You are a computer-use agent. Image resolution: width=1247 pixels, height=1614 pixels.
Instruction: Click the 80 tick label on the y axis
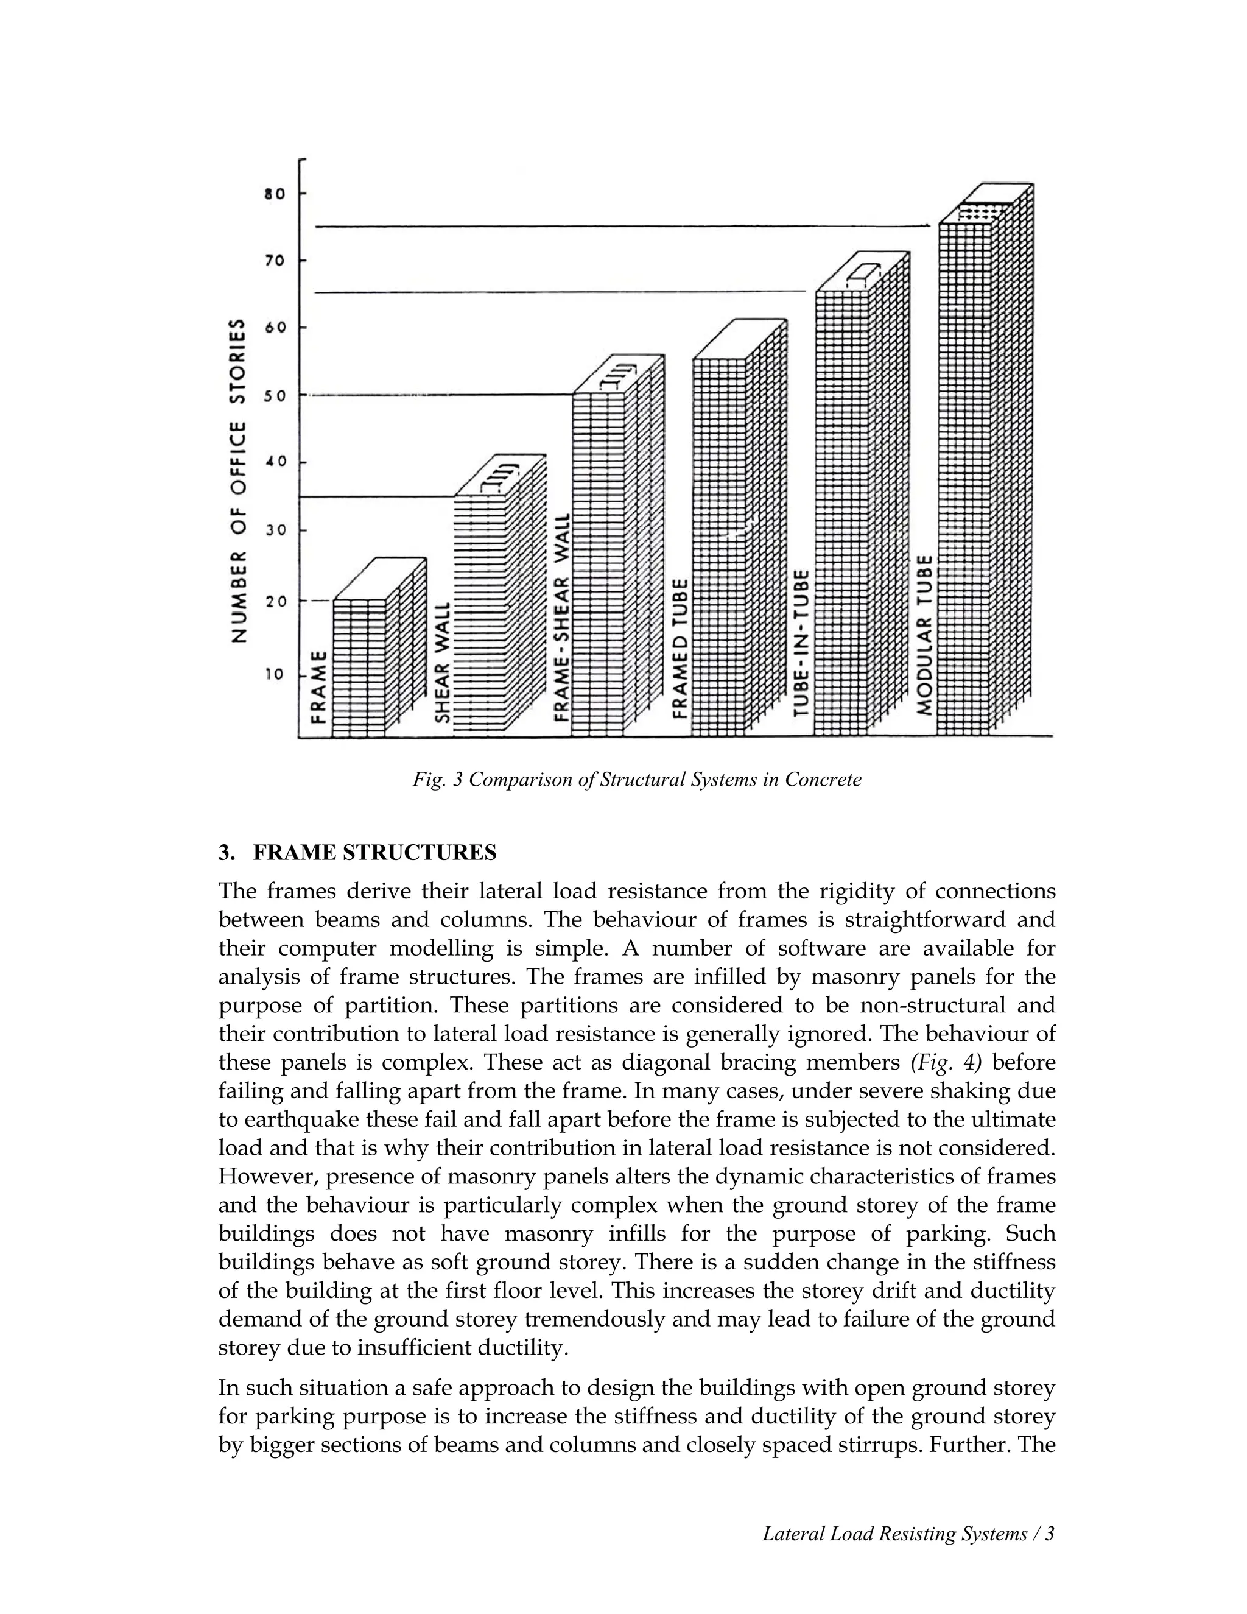point(274,194)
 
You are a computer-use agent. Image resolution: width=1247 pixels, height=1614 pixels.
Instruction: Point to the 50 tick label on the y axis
point(275,396)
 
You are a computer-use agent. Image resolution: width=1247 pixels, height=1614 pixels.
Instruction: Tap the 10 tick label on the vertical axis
point(275,675)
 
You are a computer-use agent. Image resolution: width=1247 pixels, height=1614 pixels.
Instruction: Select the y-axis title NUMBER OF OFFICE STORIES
point(238,481)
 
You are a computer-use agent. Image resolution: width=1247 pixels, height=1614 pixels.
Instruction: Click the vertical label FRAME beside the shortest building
point(318,686)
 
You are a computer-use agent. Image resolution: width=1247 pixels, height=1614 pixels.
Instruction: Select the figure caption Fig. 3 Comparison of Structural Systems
point(637,780)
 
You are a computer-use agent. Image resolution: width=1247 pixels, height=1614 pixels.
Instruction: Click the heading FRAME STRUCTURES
point(374,853)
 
